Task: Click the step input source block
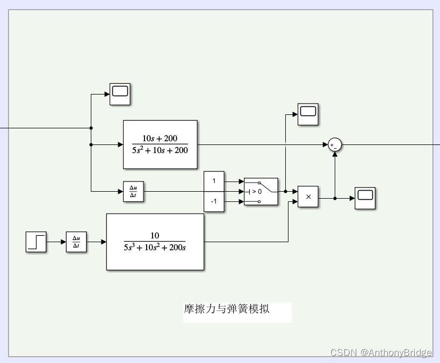pyautogui.click(x=36, y=242)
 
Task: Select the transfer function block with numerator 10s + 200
pyautogui.click(x=160, y=144)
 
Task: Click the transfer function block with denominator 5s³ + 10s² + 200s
pyautogui.click(x=155, y=242)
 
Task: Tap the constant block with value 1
pyautogui.click(x=214, y=181)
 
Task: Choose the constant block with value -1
pyautogui.click(x=214, y=201)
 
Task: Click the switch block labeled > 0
pyautogui.click(x=261, y=191)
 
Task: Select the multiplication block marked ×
pyautogui.click(x=308, y=197)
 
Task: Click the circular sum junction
pyautogui.click(x=335, y=144)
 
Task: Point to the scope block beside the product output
pyautogui.click(x=365, y=198)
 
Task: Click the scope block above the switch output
pyautogui.click(x=308, y=114)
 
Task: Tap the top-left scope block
pyautogui.click(x=120, y=94)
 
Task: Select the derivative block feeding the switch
pyautogui.click(x=133, y=191)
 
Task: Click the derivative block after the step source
pyautogui.click(x=76, y=242)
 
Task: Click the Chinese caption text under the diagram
pyautogui.click(x=226, y=309)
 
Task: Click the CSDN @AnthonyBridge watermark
pyautogui.click(x=381, y=353)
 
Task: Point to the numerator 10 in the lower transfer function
pyautogui.click(x=155, y=235)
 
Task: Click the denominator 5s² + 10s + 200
pyautogui.click(x=160, y=150)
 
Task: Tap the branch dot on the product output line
pyautogui.click(x=335, y=198)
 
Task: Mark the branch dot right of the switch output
pyautogui.click(x=285, y=191)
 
